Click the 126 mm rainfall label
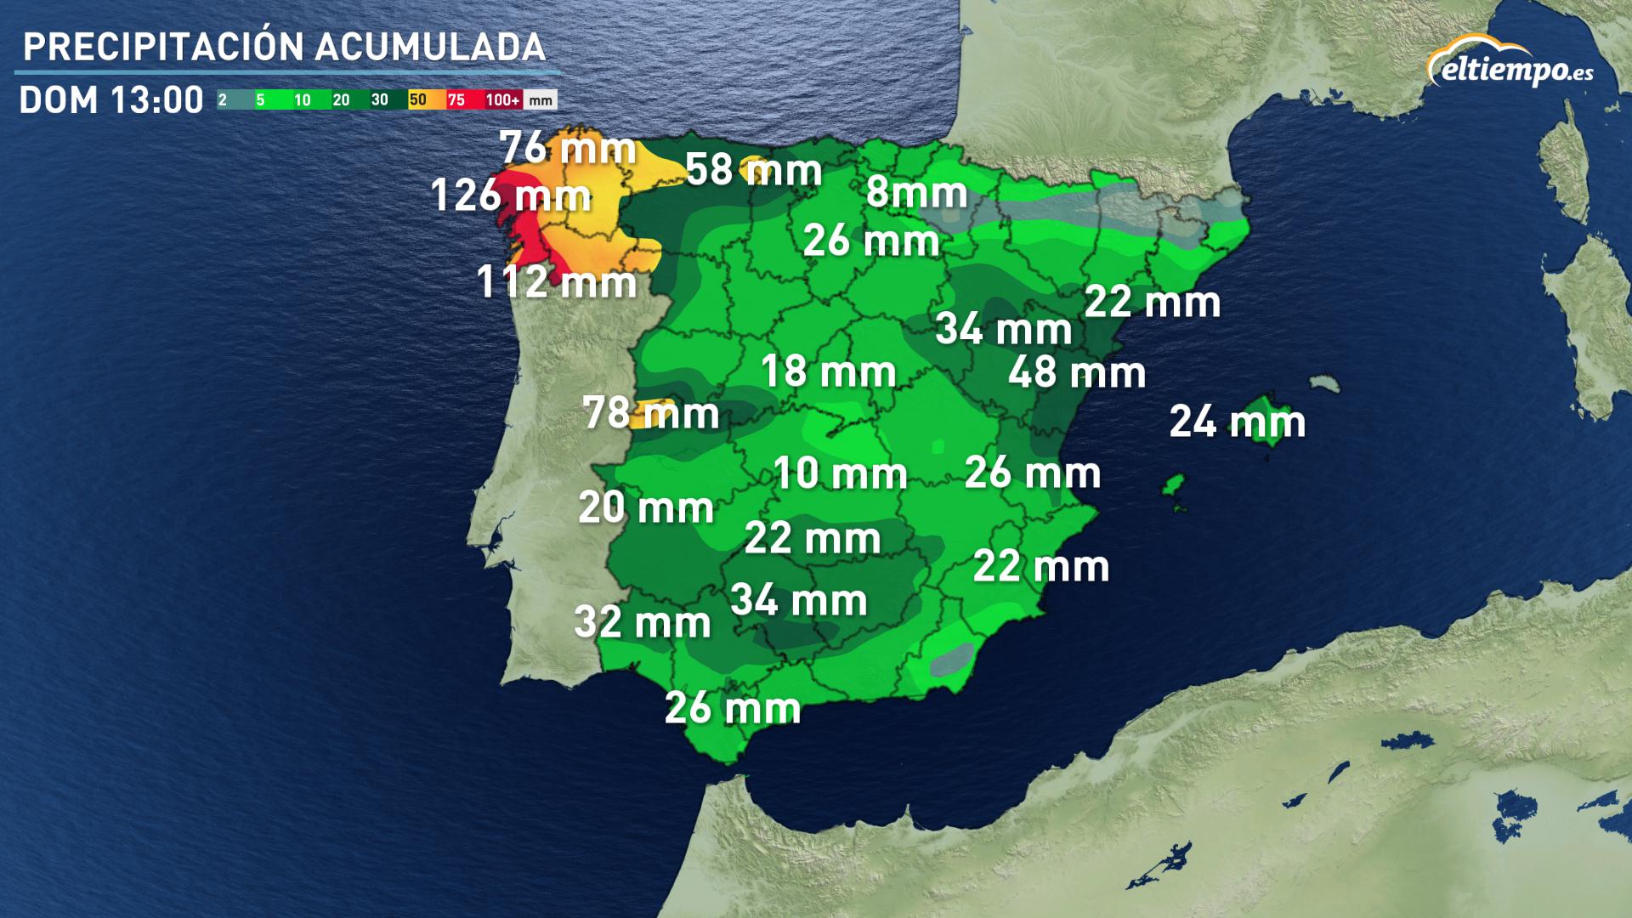point(511,195)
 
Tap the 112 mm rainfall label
point(557,282)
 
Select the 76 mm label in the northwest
point(568,149)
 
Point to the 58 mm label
point(753,170)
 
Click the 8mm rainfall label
point(916,192)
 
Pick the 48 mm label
point(1076,373)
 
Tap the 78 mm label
point(651,414)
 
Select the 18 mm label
point(828,372)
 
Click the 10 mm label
point(840,473)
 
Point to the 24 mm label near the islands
point(1237,422)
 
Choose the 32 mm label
point(643,622)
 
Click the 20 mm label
point(646,508)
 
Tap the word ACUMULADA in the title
point(430,48)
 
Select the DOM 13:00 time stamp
point(111,100)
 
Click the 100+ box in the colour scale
point(502,100)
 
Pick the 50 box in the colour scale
point(418,100)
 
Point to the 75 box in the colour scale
point(456,100)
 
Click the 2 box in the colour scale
point(224,100)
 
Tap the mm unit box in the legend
point(541,100)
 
